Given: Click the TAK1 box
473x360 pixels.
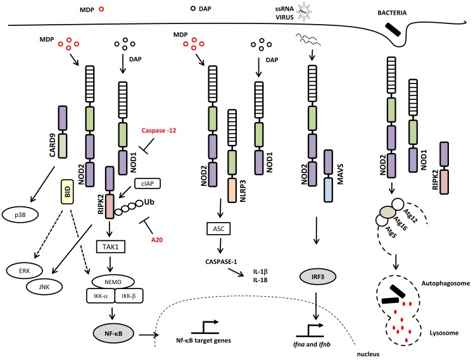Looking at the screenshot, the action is pos(110,247).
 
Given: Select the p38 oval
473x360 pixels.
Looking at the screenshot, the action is pos(20,215).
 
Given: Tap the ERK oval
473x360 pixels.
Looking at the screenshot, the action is pos(25,271).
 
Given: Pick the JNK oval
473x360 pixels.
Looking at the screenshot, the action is pos(44,287).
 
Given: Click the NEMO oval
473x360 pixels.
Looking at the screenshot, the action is pos(113,282).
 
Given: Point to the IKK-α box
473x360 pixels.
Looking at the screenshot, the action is pos(101,295).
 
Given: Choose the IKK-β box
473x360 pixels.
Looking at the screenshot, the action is pos(129,295).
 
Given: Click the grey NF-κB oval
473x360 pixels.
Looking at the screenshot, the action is pos(113,333).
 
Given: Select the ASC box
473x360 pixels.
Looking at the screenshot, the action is pos(218,228).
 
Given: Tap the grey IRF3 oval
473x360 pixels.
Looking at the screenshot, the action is pos(318,276).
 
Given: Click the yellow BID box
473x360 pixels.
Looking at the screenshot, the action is pos(68,191).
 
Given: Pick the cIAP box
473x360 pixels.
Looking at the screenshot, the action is pos(147,183).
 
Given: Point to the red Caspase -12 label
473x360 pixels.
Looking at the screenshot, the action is pos(159,130).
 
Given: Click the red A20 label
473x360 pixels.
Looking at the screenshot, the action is pos(157,240).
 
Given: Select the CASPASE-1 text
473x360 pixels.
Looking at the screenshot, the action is pos(221,261).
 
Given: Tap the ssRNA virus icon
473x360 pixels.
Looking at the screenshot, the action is pos(304,12).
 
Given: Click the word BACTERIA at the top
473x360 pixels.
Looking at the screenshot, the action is pos(392,13).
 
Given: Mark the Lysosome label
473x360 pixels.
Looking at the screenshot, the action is pos(444,333).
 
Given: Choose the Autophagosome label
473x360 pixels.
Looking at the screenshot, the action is pos(446,283).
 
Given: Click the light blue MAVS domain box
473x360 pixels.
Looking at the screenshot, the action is pos(328,190).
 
